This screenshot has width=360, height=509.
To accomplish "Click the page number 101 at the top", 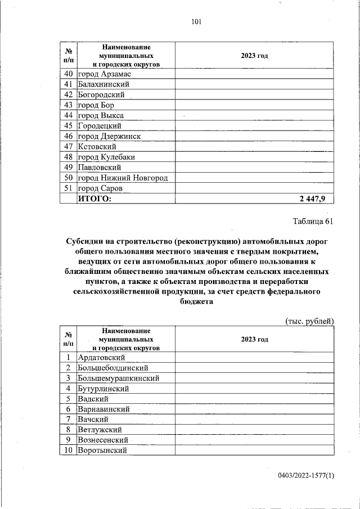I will point(196,22).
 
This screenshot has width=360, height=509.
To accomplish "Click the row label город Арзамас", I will point(105,74).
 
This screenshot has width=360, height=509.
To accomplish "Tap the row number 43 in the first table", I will point(69,105).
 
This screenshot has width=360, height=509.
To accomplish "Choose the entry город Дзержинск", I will point(109,136).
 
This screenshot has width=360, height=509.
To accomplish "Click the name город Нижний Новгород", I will point(123,178).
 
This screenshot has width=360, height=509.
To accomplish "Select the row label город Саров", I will point(100,188).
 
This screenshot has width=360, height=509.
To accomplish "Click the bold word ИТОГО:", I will point(94,199).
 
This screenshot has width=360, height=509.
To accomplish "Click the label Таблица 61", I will point(313,221).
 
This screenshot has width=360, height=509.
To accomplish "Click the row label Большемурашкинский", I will point(118,378).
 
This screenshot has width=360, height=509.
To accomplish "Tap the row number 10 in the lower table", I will point(69,451).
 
